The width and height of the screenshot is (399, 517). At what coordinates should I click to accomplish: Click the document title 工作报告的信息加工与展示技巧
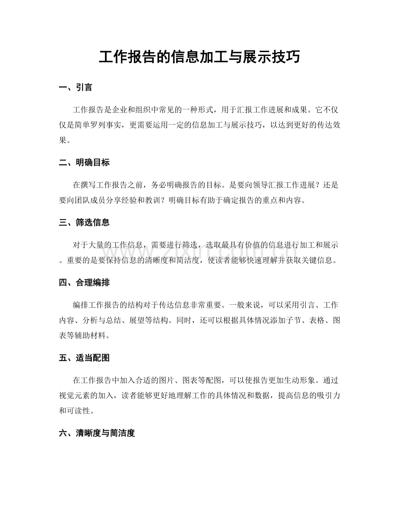coord(199,57)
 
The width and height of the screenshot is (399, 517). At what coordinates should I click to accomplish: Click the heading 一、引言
coord(75,88)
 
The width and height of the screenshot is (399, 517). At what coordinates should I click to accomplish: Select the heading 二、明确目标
coord(84,163)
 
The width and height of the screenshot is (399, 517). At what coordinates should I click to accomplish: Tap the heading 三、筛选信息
coord(84,223)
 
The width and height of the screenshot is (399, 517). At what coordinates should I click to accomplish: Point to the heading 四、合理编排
coord(84,283)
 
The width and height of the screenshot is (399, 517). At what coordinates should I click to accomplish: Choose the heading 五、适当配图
coord(84,358)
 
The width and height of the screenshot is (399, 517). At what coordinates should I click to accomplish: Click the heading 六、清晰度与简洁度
coord(97,433)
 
